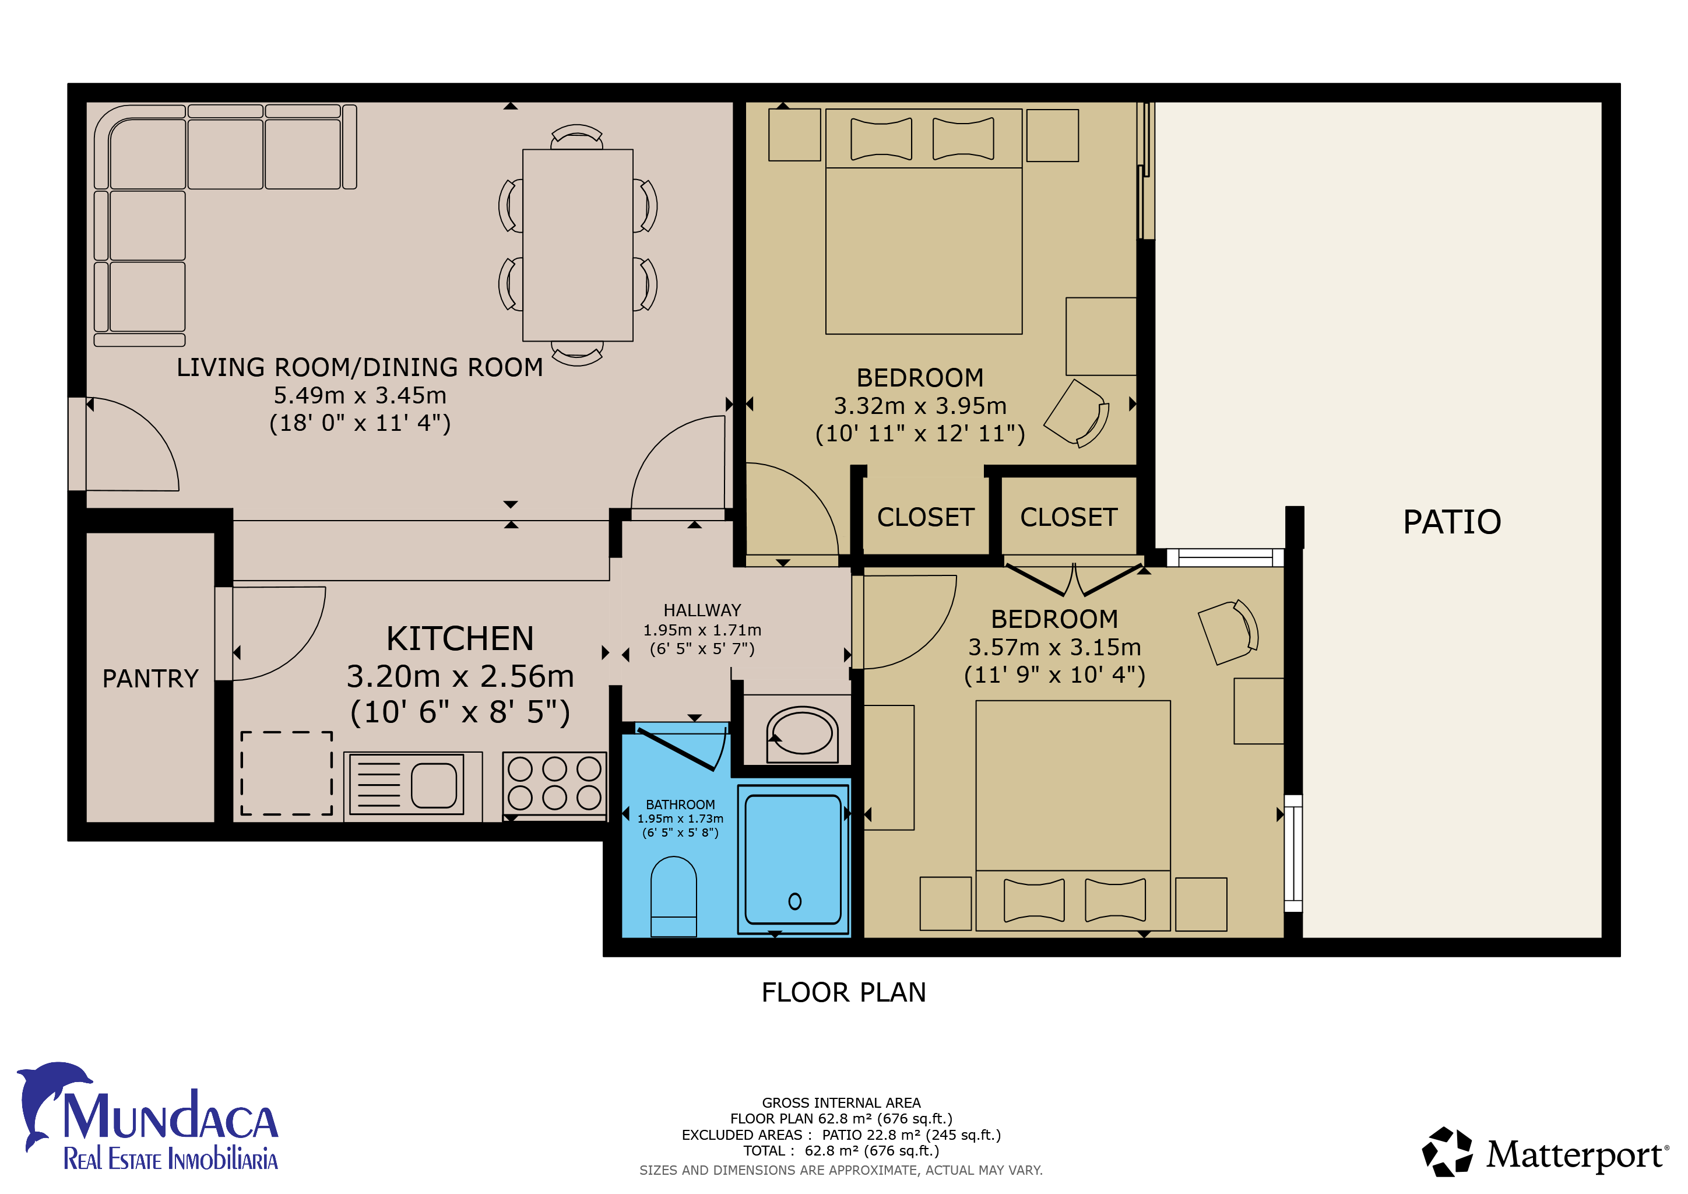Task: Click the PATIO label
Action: click(x=1451, y=522)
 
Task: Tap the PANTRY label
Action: click(x=151, y=678)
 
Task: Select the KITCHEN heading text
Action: click(x=460, y=638)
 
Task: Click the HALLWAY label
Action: click(x=702, y=610)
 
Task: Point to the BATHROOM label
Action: click(x=680, y=805)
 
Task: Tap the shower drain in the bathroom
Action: click(x=794, y=901)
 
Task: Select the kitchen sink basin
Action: click(x=434, y=785)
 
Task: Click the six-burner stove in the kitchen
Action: click(x=554, y=784)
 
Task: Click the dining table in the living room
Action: click(x=578, y=245)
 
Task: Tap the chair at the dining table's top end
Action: click(x=577, y=137)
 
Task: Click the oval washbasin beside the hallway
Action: click(x=802, y=731)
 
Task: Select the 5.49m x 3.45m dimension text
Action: click(x=360, y=395)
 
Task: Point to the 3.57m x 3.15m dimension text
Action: click(x=1054, y=647)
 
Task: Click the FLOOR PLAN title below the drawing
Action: click(x=844, y=992)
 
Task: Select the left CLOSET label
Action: click(x=926, y=518)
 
